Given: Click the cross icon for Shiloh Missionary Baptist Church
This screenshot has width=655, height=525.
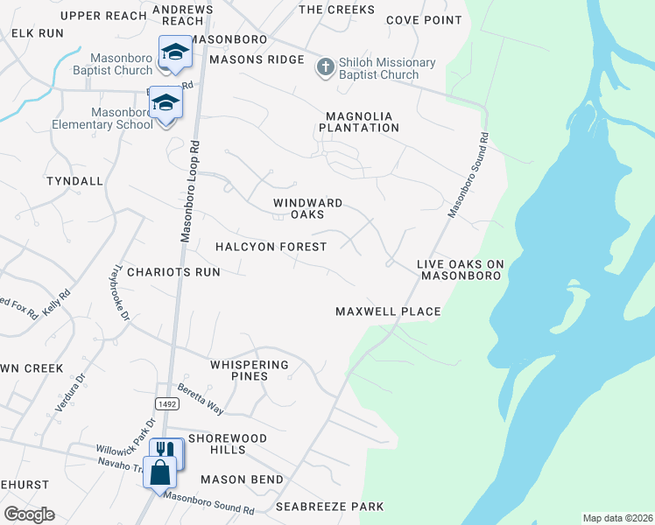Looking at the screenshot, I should tap(326, 68).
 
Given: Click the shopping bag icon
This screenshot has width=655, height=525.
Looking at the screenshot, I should tap(159, 473).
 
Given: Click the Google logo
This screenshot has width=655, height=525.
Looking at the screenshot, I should tap(29, 514).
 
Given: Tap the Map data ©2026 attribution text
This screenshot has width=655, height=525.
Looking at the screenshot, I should tap(616, 517).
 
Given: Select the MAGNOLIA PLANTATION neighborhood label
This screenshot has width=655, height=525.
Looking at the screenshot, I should tap(362, 122).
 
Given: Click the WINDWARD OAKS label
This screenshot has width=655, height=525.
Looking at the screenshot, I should tap(307, 208).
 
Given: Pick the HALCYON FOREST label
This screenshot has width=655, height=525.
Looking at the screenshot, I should tap(271, 247).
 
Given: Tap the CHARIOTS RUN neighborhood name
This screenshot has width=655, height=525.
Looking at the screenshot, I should tap(173, 272).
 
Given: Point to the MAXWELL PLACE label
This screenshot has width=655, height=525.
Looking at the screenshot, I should tap(388, 311).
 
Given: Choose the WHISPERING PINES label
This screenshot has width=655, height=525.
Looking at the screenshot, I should tap(250, 370).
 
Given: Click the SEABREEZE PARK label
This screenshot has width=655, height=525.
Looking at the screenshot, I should tap(329, 507).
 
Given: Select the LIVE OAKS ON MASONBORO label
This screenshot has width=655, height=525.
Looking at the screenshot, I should tap(460, 269).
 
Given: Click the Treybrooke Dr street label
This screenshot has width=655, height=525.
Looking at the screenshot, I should tap(122, 291).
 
